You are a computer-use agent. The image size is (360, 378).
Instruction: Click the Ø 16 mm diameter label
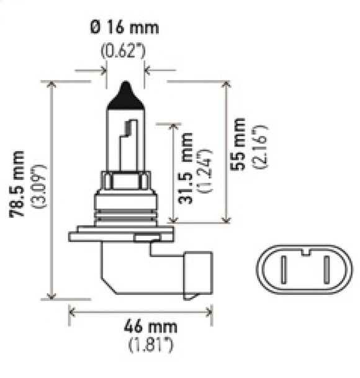[124, 28]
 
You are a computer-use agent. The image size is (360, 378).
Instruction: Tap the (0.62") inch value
[124, 50]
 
